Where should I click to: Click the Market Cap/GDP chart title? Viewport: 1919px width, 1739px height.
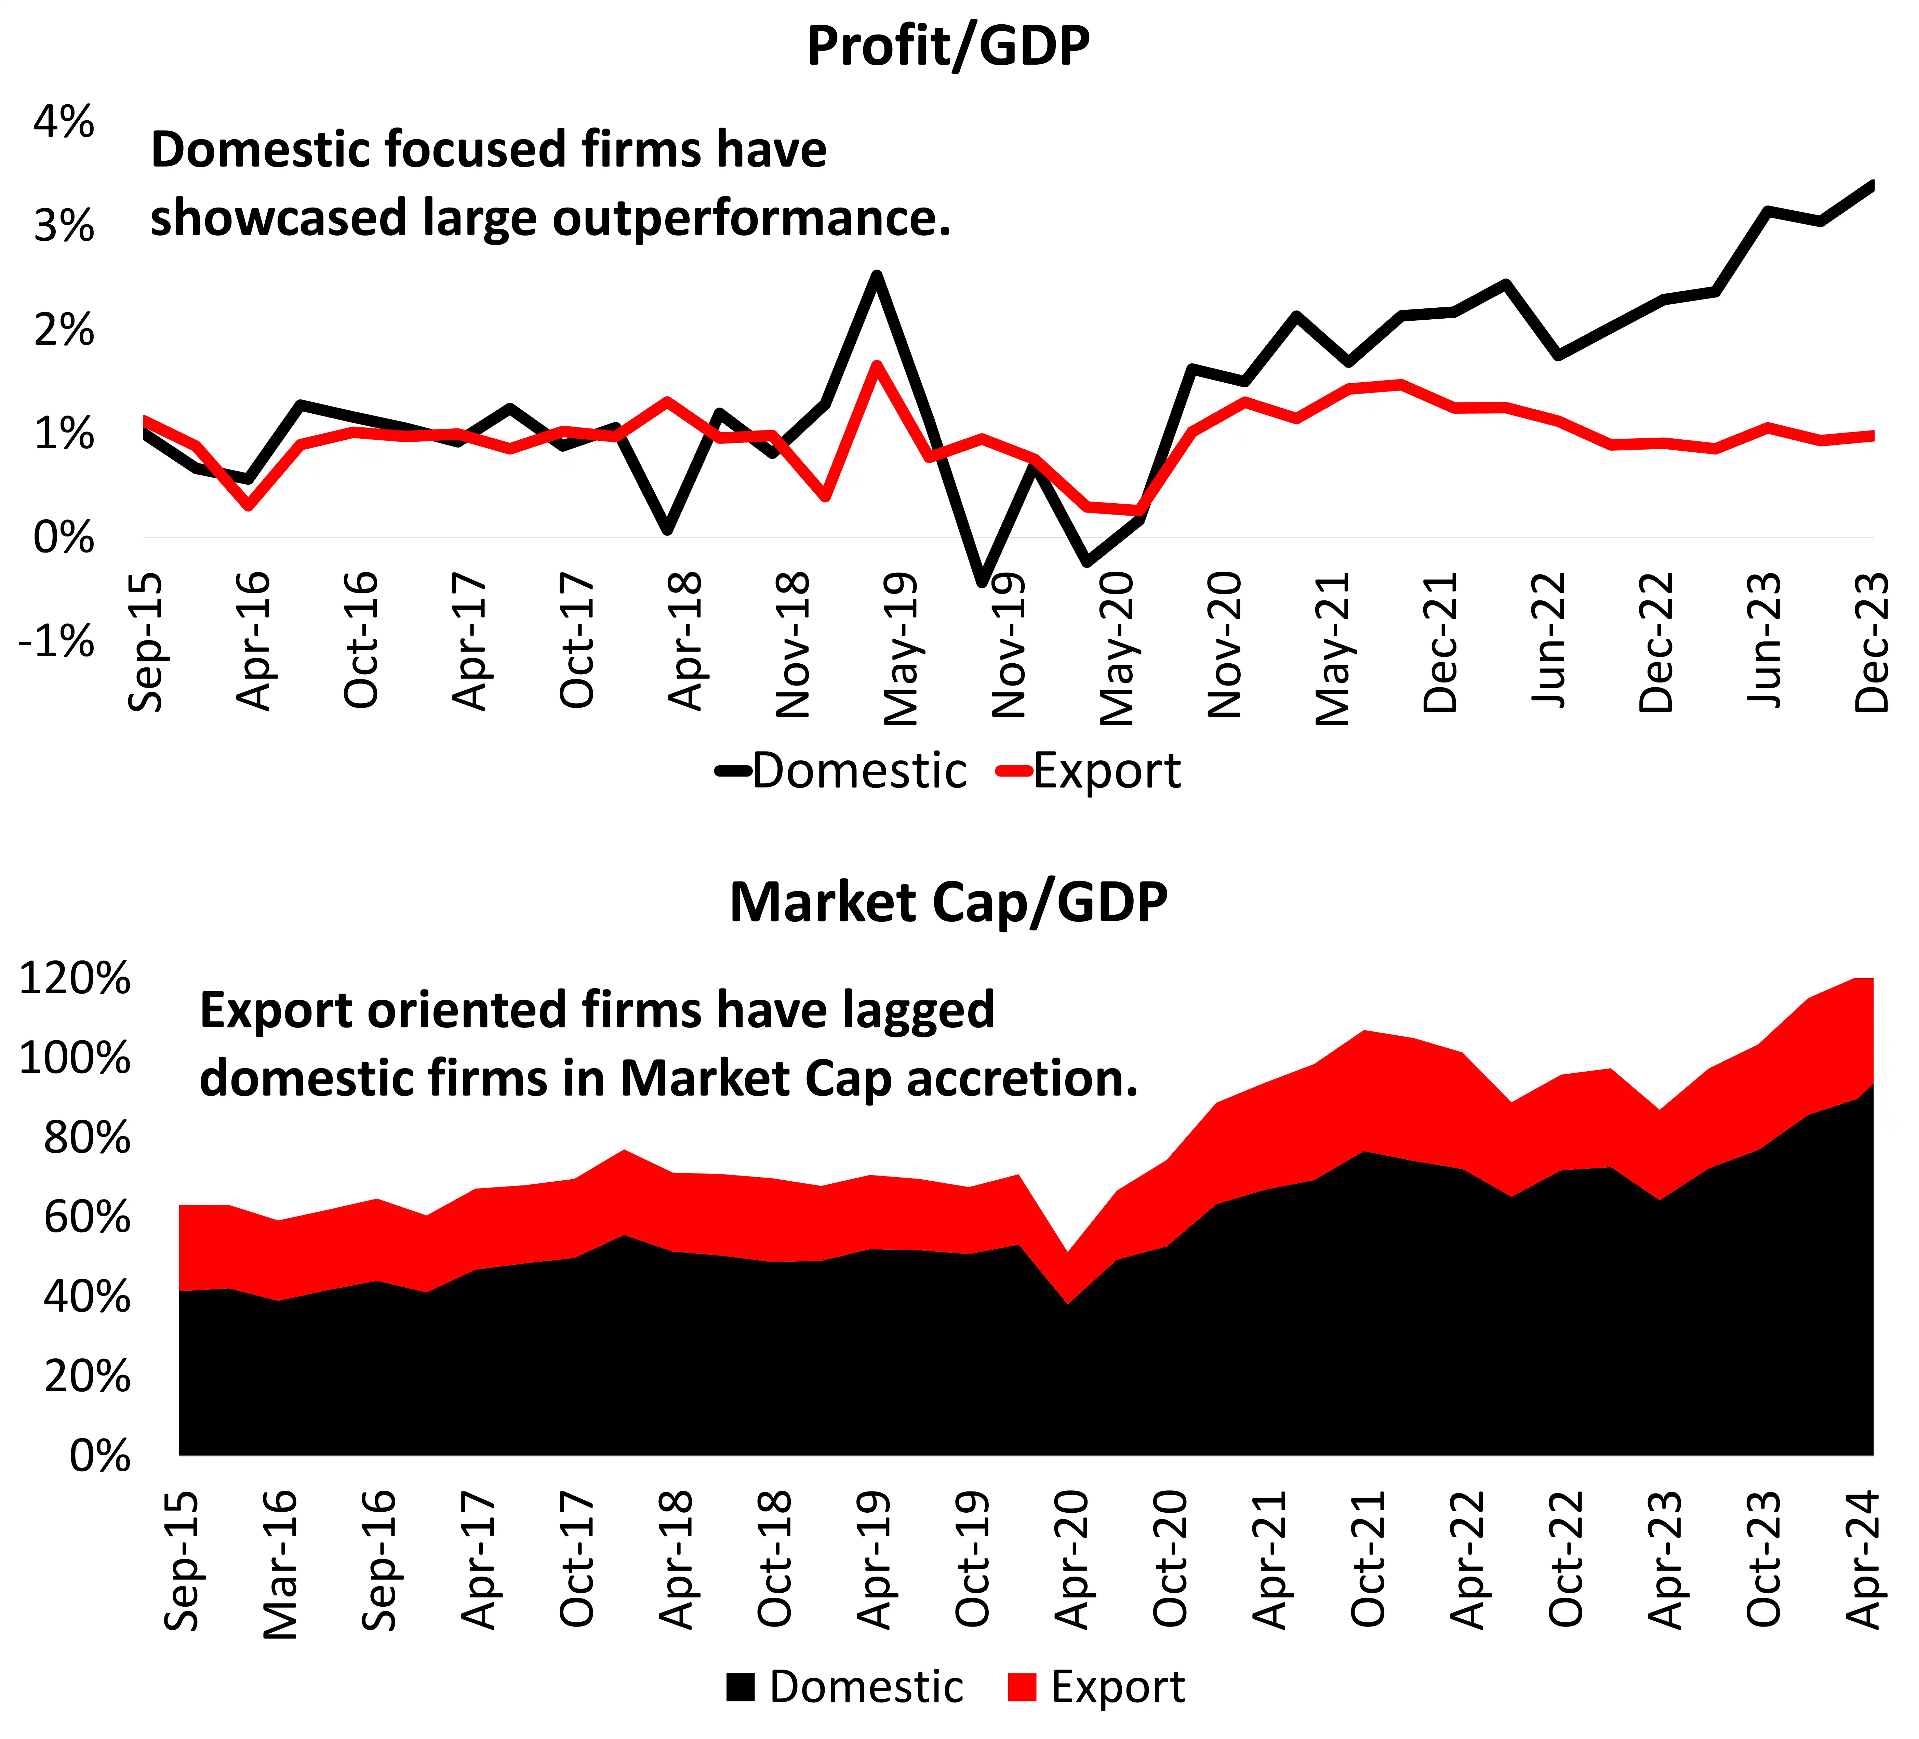(x=948, y=902)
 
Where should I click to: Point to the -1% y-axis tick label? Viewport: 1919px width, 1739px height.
(x=57, y=641)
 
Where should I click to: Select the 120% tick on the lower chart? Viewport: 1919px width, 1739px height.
(x=74, y=979)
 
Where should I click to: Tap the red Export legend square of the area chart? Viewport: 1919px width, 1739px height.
(x=1021, y=1688)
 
